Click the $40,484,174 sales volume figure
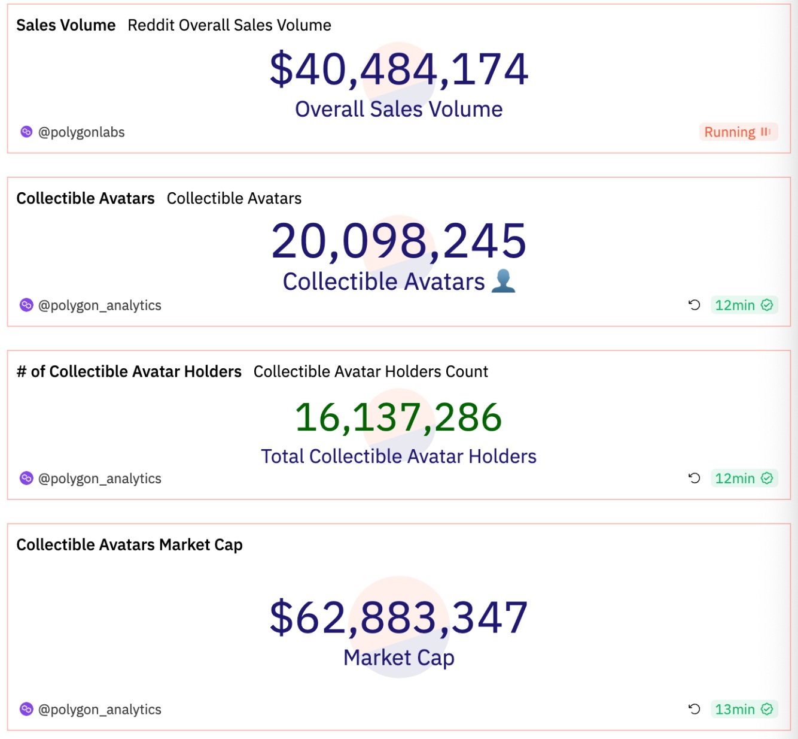399,69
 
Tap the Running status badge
738,132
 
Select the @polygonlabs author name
81,132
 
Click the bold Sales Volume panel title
66,25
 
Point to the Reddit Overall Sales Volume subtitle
229,25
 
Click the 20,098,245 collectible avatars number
399,241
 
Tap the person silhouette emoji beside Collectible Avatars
503,281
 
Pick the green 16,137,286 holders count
399,417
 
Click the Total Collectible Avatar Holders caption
399,456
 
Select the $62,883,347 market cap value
399,617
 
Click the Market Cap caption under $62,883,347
399,658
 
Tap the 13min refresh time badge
744,710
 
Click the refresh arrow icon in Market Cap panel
694,710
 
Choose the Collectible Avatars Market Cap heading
129,545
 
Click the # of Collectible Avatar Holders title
129,372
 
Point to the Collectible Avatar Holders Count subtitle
371,372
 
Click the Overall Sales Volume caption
399,110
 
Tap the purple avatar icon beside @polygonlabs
26,132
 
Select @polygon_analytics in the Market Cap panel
100,710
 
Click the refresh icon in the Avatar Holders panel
694,478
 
